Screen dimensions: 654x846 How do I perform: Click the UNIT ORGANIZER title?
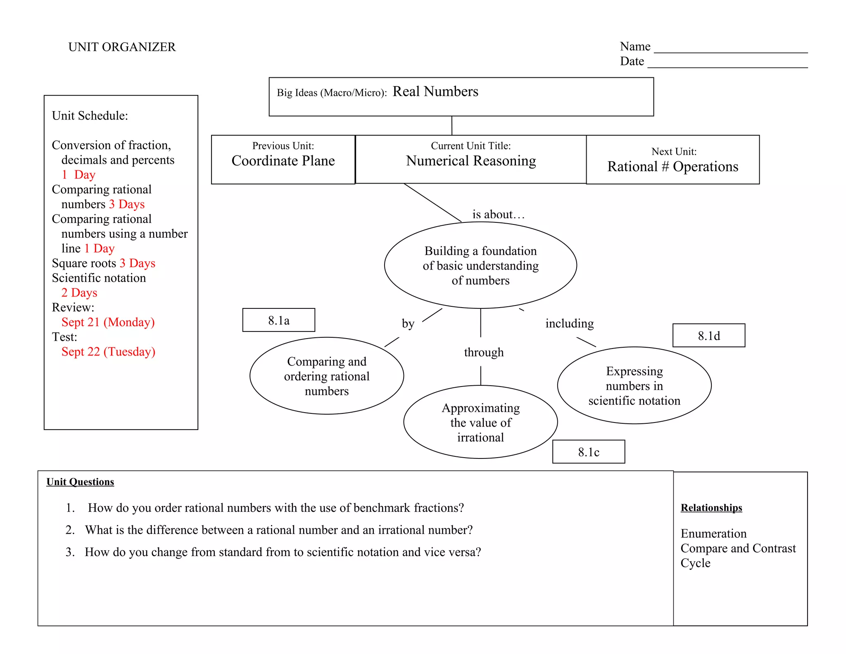click(122, 47)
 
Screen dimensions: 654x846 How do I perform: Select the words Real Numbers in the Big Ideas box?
click(435, 91)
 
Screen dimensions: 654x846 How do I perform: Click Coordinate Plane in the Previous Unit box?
click(283, 161)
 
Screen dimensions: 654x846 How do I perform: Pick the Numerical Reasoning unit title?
click(471, 161)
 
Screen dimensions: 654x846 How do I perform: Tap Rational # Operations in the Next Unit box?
click(673, 167)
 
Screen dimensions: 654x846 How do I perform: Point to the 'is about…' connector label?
click(498, 215)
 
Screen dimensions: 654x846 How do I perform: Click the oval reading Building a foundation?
click(480, 265)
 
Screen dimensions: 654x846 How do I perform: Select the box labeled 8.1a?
click(279, 320)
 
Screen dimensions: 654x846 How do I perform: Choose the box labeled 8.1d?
click(709, 336)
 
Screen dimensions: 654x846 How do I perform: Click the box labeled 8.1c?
click(589, 452)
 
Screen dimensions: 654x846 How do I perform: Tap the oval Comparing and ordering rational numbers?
click(327, 376)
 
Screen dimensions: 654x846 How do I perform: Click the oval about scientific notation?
click(634, 386)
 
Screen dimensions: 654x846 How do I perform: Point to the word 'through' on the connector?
click(484, 353)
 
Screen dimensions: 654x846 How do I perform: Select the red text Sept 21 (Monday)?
click(108, 322)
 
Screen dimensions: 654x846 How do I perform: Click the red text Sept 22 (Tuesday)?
click(108, 352)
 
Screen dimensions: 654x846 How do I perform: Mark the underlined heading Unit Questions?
click(80, 482)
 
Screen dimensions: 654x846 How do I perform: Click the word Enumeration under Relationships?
click(713, 534)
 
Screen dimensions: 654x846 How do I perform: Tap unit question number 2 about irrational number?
click(279, 530)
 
